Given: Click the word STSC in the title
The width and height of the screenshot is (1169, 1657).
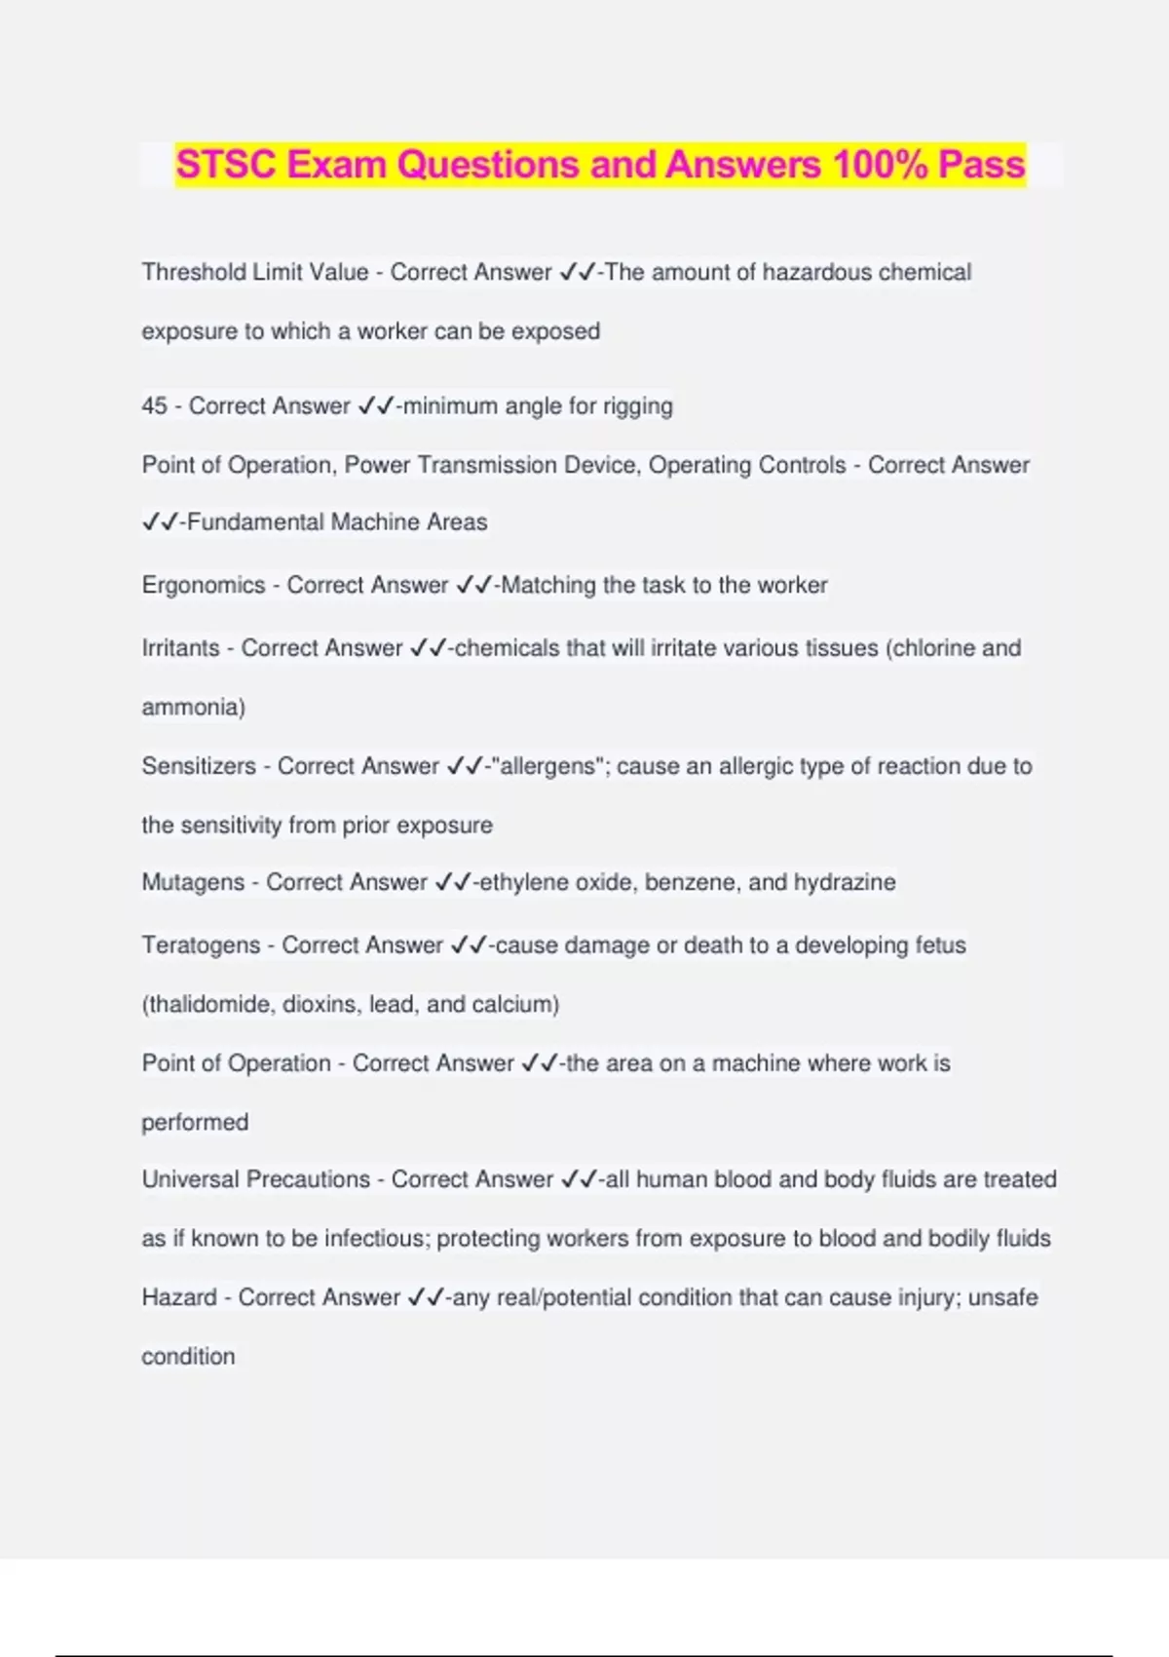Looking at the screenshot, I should [x=226, y=165].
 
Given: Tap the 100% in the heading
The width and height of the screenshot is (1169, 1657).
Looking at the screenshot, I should [x=880, y=165].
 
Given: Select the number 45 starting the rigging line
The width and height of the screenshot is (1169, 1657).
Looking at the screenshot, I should [x=154, y=405].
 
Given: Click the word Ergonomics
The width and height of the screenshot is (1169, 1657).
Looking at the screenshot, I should [x=204, y=585].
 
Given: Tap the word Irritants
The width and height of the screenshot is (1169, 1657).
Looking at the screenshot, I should [x=180, y=648].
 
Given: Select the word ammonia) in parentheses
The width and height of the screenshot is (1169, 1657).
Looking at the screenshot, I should [x=193, y=707].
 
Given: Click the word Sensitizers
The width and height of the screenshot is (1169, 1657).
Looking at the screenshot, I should [x=199, y=766].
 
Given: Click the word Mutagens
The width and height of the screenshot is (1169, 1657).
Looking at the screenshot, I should [x=191, y=882].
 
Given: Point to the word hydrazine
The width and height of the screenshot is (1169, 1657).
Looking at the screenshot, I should [x=845, y=882].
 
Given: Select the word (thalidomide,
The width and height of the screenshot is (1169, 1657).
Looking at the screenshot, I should [x=208, y=1004].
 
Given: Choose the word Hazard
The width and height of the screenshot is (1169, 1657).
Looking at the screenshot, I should [x=179, y=1297].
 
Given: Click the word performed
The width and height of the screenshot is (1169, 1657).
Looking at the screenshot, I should [x=195, y=1122].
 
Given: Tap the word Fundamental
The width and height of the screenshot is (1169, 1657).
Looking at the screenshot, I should [x=255, y=522].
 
